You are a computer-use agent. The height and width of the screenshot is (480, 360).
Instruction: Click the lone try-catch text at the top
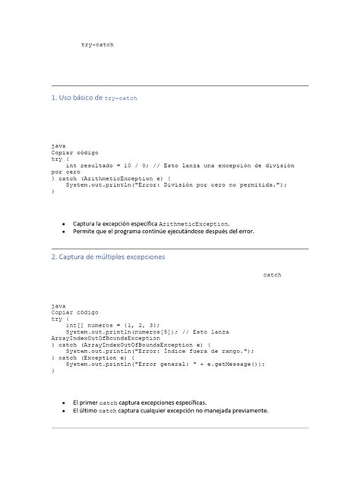click(97, 46)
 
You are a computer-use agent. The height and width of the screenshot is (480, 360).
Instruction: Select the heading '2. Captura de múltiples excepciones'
click(109, 257)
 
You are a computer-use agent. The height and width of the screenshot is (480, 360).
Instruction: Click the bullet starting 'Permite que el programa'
click(163, 233)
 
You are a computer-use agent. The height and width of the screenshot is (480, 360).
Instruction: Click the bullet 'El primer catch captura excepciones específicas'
click(139, 403)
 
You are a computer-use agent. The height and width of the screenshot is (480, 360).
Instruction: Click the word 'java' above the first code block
click(58, 145)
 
